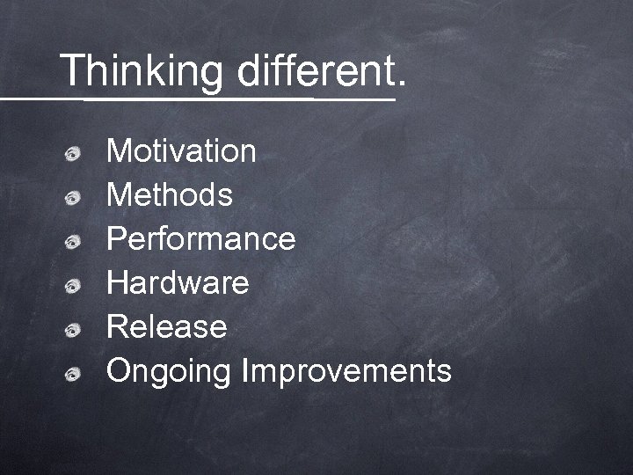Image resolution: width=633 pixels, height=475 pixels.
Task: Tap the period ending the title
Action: coord(402,86)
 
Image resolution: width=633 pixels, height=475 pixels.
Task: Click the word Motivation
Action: coord(181,151)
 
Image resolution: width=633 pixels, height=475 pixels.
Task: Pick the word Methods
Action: coord(170,195)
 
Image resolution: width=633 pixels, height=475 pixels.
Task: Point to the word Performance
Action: coord(200,239)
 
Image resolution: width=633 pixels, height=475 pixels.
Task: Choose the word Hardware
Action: coord(178,283)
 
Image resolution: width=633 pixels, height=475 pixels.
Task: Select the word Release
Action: coord(166,327)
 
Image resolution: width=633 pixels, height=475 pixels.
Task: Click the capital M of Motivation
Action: coord(119,151)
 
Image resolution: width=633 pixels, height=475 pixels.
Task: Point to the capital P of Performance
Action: coord(116,239)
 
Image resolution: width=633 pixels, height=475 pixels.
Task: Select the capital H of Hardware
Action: coord(117,283)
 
